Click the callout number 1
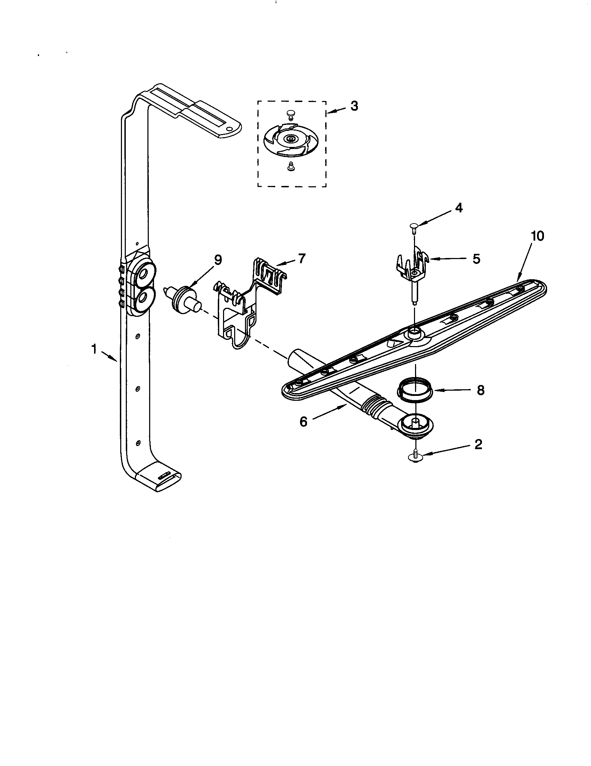(x=94, y=349)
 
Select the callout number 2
(x=478, y=444)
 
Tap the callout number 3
(x=354, y=106)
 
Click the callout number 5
(x=476, y=259)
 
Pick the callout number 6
(x=304, y=422)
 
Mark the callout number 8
(x=481, y=390)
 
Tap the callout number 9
(x=218, y=260)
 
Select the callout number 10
(x=537, y=236)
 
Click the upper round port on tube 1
(x=144, y=274)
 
